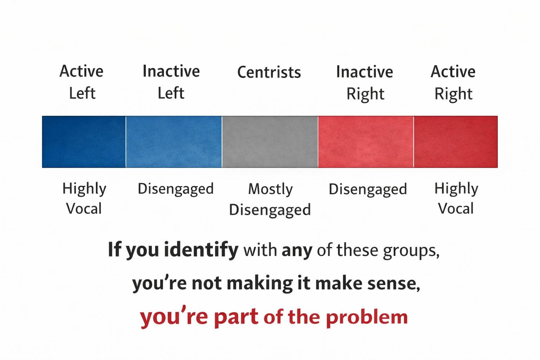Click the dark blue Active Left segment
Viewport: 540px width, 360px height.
pyautogui.click(x=84, y=142)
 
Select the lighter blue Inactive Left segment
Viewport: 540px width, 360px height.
pyautogui.click(x=174, y=142)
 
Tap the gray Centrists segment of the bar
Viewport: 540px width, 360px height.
pyautogui.click(x=270, y=142)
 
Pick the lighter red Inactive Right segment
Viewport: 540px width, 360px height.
pyautogui.click(x=366, y=142)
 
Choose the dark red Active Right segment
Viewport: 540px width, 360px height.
pyautogui.click(x=456, y=142)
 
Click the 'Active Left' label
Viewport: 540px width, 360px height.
pyautogui.click(x=82, y=82)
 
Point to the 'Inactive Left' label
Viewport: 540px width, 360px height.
pyautogui.click(x=171, y=82)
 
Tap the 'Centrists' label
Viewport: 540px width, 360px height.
pyautogui.click(x=269, y=72)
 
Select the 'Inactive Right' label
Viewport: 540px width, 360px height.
pyautogui.click(x=365, y=83)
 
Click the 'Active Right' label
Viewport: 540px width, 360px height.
pyautogui.click(x=453, y=83)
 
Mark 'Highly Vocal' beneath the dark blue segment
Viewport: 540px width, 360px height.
pyautogui.click(x=84, y=199)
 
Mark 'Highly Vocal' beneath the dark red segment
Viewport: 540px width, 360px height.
pyautogui.click(x=456, y=199)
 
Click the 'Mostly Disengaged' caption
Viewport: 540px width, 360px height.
pyautogui.click(x=270, y=199)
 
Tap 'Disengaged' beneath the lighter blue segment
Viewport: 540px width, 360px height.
pyautogui.click(x=175, y=189)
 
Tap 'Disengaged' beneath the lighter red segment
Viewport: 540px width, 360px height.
pyautogui.click(x=368, y=189)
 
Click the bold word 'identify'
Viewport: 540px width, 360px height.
pyautogui.click(x=201, y=250)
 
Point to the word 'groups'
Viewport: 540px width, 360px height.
pyautogui.click(x=411, y=251)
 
